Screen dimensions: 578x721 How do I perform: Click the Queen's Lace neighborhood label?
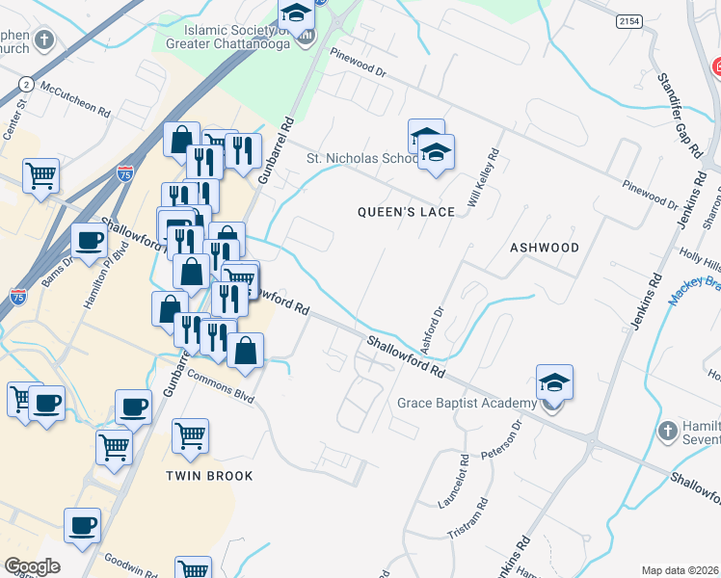(406, 212)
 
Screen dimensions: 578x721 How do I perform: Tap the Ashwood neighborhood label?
(545, 248)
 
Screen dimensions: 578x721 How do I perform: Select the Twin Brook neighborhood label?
(209, 476)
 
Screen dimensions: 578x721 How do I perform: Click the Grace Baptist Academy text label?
(467, 403)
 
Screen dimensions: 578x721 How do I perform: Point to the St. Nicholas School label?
(362, 159)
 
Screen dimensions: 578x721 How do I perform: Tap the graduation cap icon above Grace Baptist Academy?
(554, 383)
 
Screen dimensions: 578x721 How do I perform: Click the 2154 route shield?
(628, 19)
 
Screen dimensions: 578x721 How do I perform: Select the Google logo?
(32, 566)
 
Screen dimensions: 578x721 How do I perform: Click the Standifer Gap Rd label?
(680, 115)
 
